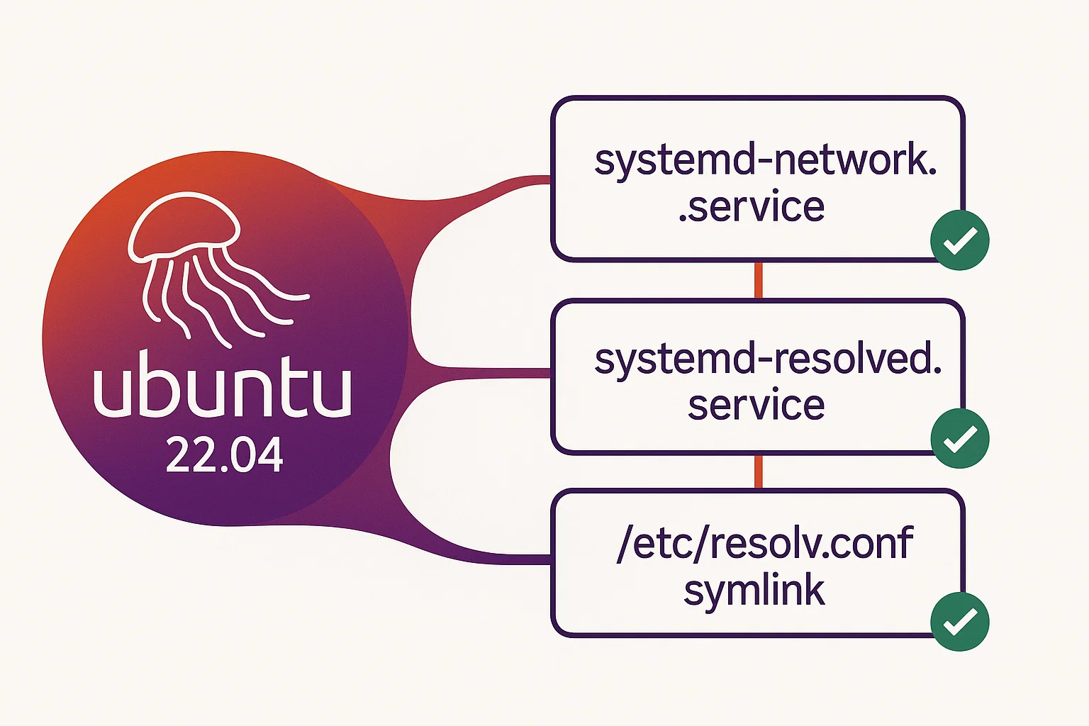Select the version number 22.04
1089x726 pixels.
click(224, 455)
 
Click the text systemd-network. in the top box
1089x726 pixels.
click(765, 160)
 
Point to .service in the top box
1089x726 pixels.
click(751, 207)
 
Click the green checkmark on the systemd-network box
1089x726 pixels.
click(959, 240)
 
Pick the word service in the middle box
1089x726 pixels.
click(756, 405)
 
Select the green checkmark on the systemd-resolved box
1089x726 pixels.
click(959, 438)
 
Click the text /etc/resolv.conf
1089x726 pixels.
click(764, 543)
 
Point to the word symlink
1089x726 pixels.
click(754, 591)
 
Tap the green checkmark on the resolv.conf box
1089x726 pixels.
click(959, 621)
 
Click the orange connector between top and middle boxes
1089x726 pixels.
click(758, 280)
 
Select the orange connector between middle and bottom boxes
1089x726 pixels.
click(758, 471)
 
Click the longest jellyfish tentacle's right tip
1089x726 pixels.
click(306, 296)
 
